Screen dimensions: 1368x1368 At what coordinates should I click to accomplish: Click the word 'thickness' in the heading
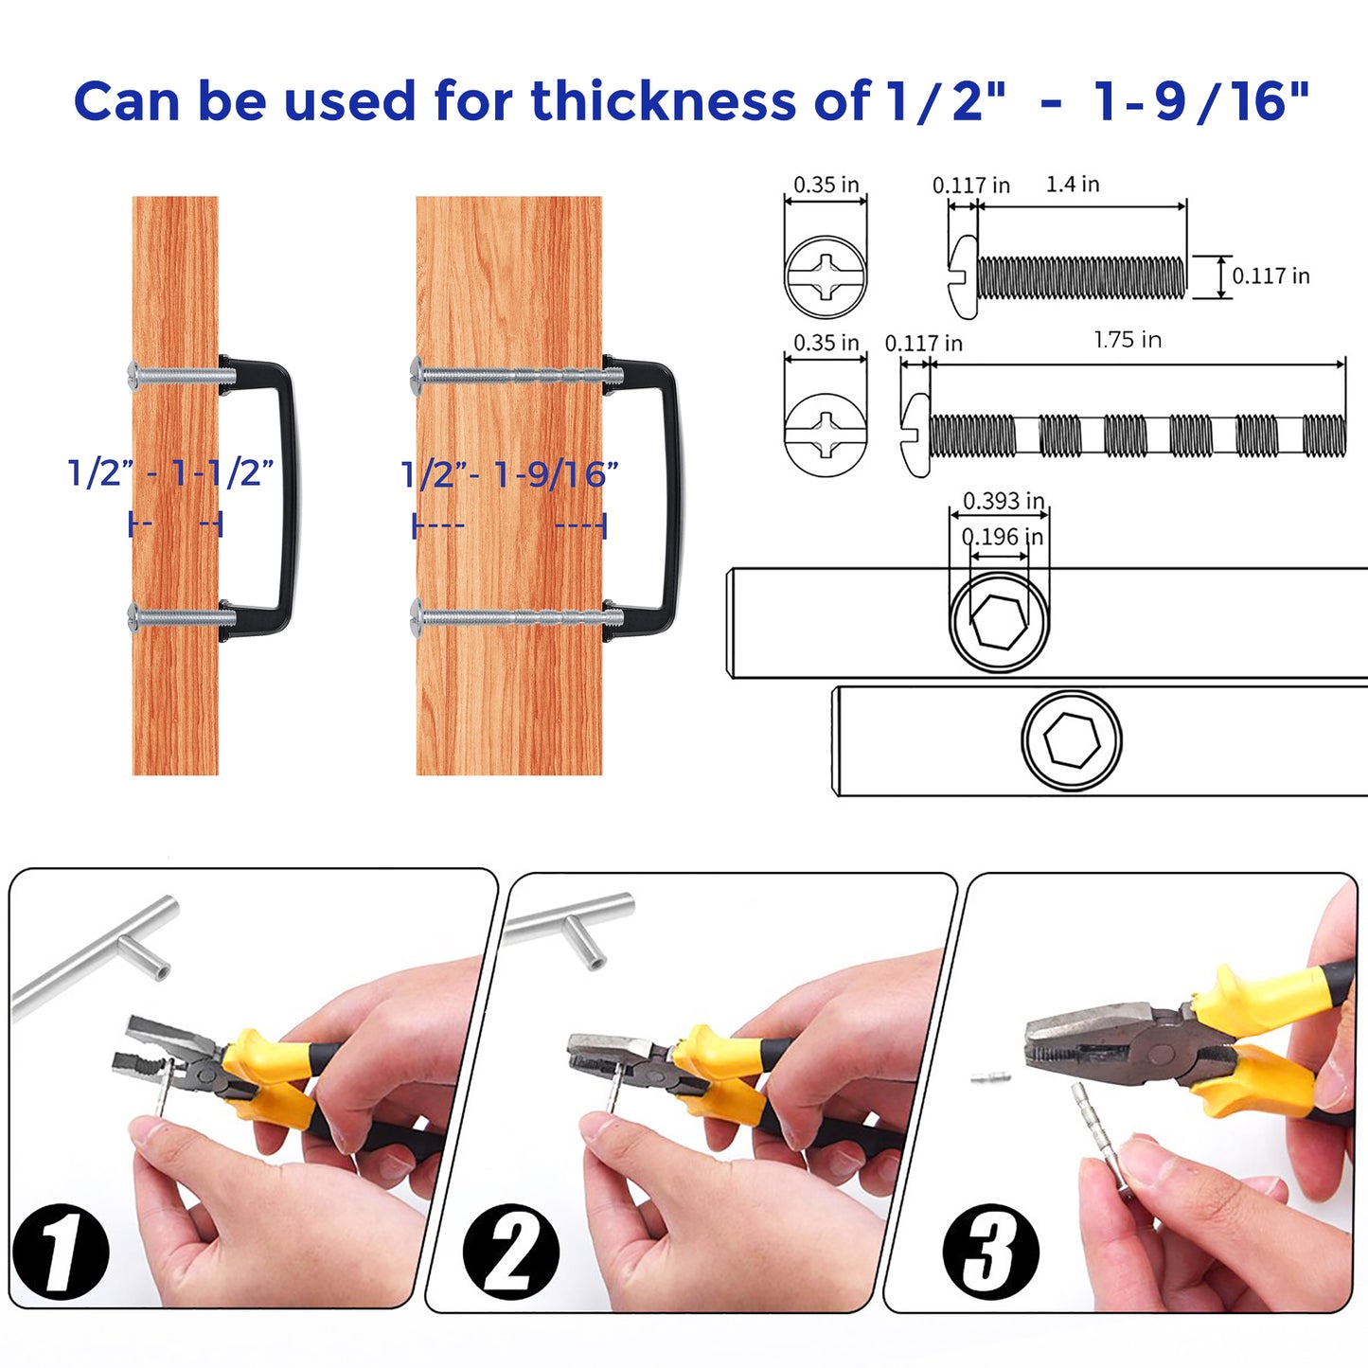[x=663, y=100]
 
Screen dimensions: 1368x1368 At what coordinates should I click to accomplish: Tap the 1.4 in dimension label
[x=1072, y=184]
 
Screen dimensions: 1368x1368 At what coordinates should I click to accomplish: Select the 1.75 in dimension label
[x=1128, y=339]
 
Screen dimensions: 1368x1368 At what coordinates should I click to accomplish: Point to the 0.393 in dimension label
[x=1004, y=501]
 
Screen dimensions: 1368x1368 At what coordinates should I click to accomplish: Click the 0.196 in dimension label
[x=1003, y=537]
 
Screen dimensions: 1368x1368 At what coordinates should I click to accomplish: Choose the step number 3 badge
[x=991, y=1253]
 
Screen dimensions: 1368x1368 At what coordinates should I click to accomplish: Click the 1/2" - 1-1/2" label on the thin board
[x=170, y=472]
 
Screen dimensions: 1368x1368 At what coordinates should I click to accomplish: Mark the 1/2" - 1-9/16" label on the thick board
[x=509, y=474]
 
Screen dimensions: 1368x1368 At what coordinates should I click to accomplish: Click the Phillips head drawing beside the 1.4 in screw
[x=826, y=276]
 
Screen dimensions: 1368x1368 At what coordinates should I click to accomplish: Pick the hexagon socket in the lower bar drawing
[x=1072, y=739]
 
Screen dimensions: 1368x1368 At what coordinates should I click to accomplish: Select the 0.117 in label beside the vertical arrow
[x=1270, y=275]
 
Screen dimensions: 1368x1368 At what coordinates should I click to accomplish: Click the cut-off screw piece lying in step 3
[x=989, y=1078]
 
